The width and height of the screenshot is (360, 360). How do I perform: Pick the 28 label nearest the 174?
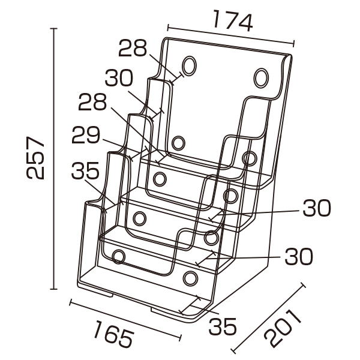coord(132,48)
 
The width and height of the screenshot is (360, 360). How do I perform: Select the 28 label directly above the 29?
coord(94,103)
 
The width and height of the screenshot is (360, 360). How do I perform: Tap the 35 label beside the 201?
coord(223,327)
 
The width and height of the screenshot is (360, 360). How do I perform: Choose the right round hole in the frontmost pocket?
coord(191,277)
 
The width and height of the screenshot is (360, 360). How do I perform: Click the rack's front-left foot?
coord(109,295)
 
